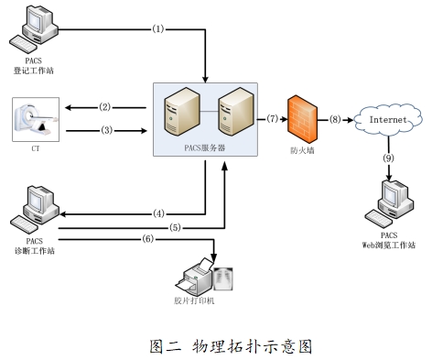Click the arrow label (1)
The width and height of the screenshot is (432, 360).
[x=157, y=29]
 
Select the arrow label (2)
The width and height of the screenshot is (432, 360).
[x=104, y=107]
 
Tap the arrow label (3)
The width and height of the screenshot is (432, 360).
[x=104, y=130]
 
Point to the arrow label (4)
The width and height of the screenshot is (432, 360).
[x=157, y=213]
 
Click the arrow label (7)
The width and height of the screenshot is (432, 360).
[x=272, y=119]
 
